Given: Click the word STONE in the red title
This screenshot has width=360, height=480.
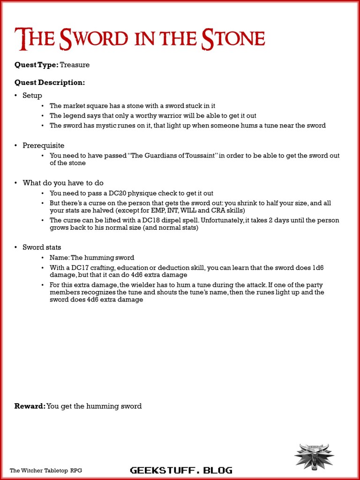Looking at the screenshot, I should click(233, 39).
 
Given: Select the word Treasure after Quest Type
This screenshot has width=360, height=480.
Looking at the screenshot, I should click(75, 65).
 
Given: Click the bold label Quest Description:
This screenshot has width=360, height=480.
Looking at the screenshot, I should click(50, 82).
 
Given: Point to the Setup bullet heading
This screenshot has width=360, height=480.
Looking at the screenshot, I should click(32, 96).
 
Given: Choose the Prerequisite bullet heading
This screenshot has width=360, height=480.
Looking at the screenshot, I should click(44, 145).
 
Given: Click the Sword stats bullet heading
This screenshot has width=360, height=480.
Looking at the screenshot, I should click(42, 247).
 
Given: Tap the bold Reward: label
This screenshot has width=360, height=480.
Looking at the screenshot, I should click(30, 406).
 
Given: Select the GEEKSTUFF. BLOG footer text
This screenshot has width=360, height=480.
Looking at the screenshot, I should click(180, 470).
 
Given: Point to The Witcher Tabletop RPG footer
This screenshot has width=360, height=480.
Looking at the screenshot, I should click(46, 470).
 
